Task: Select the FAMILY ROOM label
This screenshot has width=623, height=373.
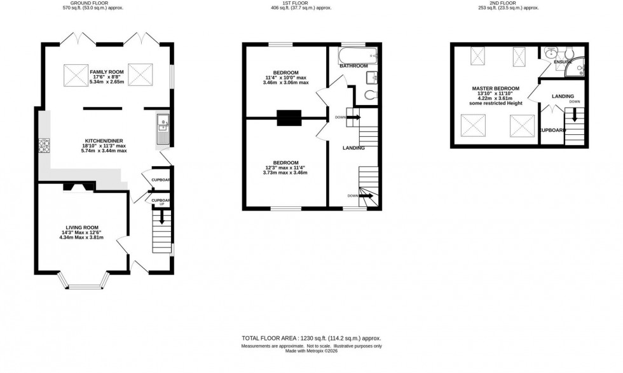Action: click(x=106, y=73)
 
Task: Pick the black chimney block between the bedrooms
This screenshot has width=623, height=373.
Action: click(x=289, y=117)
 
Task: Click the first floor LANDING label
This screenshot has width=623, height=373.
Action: click(x=353, y=148)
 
